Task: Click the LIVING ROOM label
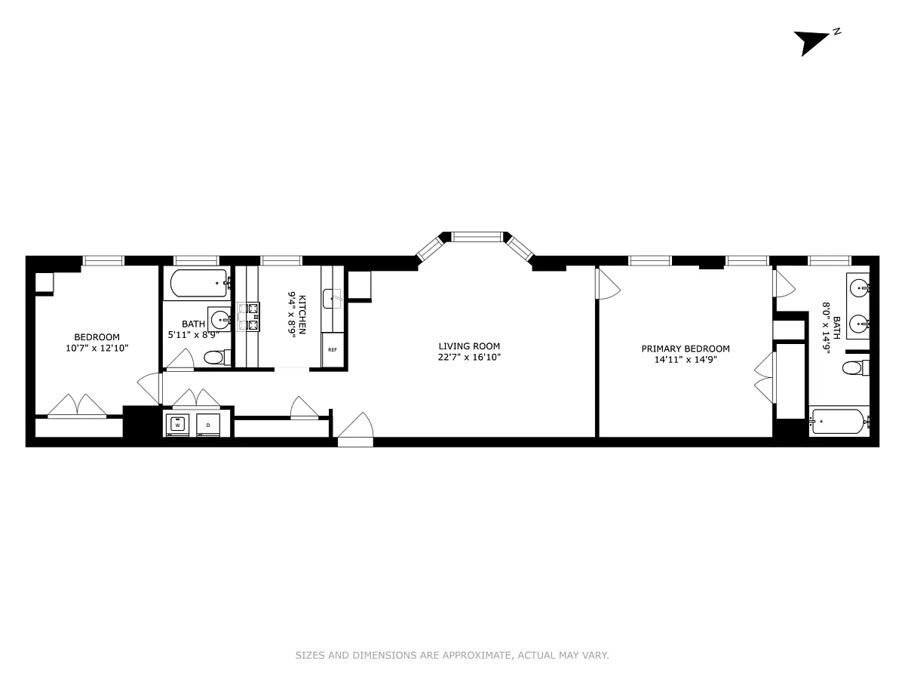(x=469, y=346)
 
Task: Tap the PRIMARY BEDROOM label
(x=686, y=349)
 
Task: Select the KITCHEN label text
(x=302, y=315)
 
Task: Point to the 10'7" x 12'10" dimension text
(x=97, y=348)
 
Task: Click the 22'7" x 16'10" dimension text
(x=469, y=357)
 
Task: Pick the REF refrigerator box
(x=333, y=349)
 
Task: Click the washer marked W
(x=177, y=425)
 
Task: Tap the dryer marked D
(x=208, y=425)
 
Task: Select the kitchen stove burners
(x=248, y=317)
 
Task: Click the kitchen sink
(x=332, y=299)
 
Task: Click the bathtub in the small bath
(x=199, y=283)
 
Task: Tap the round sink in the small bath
(x=221, y=319)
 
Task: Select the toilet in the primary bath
(x=855, y=367)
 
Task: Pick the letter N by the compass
(x=836, y=32)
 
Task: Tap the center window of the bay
(x=477, y=237)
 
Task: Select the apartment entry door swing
(x=355, y=425)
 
